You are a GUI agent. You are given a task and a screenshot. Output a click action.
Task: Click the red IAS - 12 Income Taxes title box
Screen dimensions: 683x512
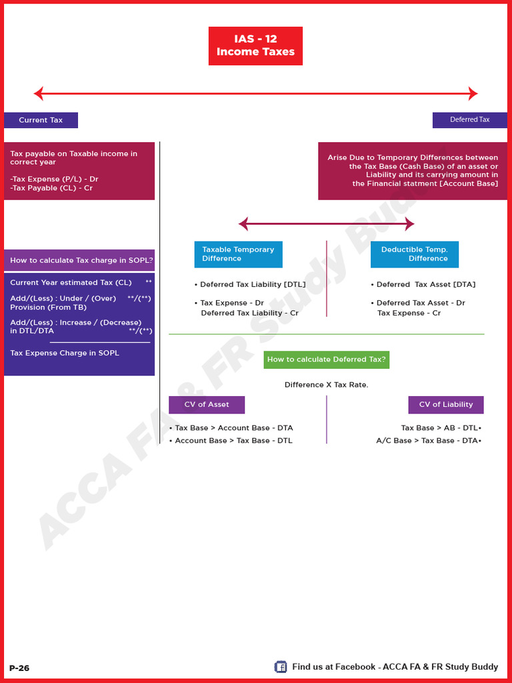[x=255, y=46]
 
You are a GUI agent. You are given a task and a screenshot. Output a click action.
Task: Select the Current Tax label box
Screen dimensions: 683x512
[x=41, y=120]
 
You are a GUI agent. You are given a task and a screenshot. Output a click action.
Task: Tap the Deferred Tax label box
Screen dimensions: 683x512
[x=469, y=120]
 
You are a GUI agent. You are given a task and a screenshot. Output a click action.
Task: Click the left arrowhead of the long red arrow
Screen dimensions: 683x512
[x=39, y=93]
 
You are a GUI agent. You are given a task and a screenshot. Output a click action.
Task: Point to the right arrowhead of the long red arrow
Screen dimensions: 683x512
[x=473, y=93]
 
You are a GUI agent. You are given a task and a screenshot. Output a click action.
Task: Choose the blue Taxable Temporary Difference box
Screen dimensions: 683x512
[x=238, y=254]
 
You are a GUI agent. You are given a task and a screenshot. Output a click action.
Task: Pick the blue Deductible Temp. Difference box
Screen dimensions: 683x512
[x=415, y=254]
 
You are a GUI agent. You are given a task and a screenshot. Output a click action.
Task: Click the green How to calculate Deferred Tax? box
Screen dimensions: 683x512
[x=326, y=360]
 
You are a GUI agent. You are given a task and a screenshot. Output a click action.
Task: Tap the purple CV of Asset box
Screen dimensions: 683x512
[x=207, y=405]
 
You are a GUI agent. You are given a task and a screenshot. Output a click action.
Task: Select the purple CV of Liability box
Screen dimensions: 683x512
[x=445, y=405]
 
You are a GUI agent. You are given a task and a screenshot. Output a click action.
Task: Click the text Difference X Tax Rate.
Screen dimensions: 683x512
[x=326, y=385]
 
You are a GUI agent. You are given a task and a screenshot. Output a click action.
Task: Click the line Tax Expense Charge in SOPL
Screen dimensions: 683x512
[x=65, y=353]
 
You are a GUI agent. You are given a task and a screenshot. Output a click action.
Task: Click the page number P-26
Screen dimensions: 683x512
[x=19, y=668]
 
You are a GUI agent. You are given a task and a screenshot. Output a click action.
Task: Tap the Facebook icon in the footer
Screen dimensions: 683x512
[x=281, y=667]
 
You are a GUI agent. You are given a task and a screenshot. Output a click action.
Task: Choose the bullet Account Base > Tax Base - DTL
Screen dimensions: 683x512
[x=233, y=441]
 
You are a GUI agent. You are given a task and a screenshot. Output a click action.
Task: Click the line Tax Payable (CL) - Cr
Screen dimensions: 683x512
[x=52, y=188]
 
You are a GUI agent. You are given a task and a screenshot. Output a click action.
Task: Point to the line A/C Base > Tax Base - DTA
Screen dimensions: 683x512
[x=427, y=441]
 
